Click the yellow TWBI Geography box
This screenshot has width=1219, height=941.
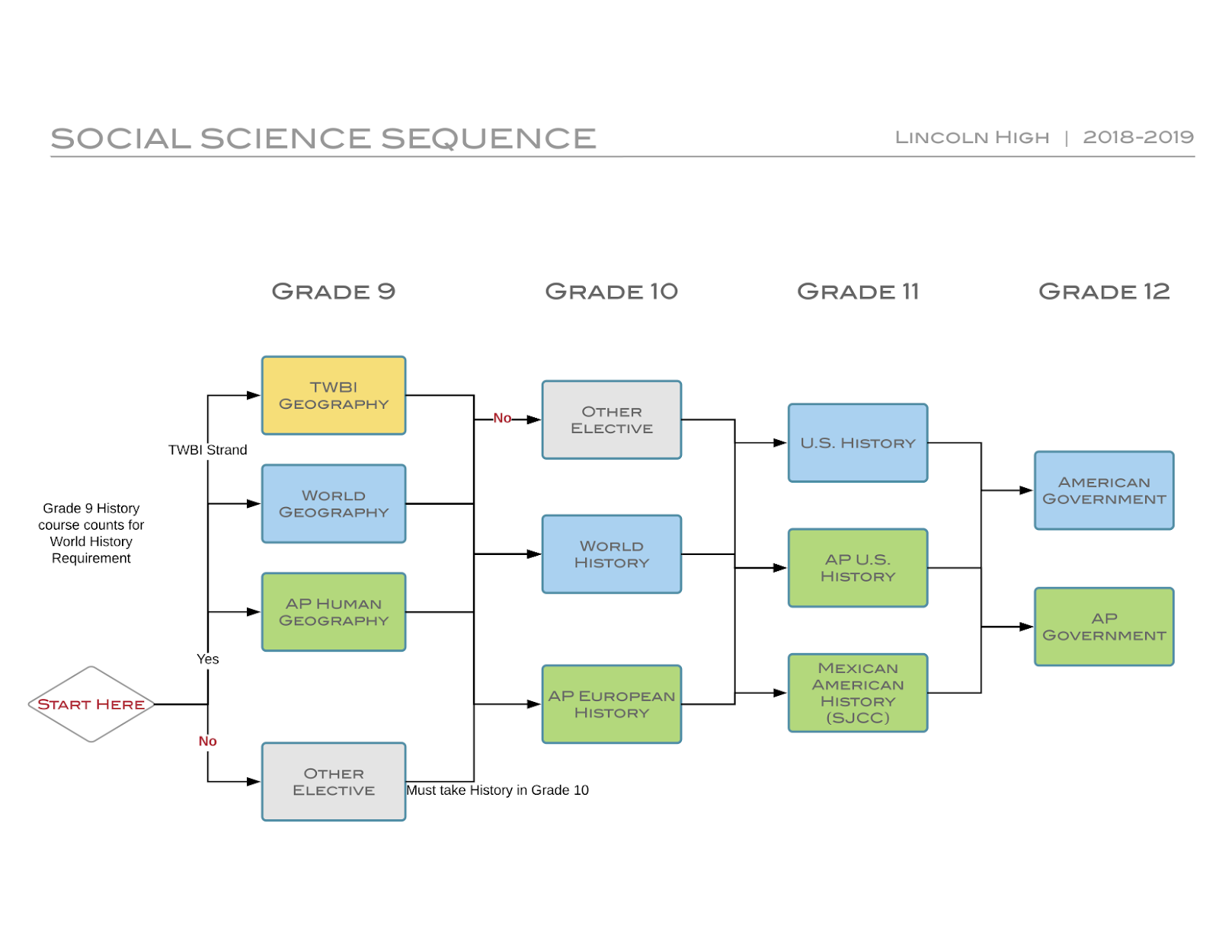(x=334, y=395)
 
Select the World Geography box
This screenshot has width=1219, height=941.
(x=334, y=503)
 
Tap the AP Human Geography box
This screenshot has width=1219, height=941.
(x=334, y=611)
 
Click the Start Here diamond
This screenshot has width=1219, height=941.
(x=91, y=704)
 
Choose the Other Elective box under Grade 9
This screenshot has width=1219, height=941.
(x=334, y=781)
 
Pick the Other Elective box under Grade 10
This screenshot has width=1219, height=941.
(x=611, y=419)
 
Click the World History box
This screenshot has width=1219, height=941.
(x=611, y=554)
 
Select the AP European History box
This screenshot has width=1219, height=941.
(x=611, y=704)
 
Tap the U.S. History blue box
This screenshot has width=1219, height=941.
(x=858, y=442)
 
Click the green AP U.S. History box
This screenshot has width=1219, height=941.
(x=858, y=568)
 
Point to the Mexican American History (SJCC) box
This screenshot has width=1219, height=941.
(x=858, y=693)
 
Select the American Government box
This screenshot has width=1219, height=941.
(x=1104, y=490)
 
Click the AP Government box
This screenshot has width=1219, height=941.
(x=1104, y=627)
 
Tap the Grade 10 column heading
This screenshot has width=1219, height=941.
(x=611, y=292)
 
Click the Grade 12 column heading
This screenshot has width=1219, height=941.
(x=1104, y=292)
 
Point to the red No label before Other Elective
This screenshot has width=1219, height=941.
(x=502, y=418)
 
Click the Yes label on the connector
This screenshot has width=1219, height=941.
(x=207, y=659)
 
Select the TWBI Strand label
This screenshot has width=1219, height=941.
(x=207, y=450)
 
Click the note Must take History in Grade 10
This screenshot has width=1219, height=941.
(x=497, y=790)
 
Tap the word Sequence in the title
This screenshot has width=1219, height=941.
(x=488, y=139)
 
